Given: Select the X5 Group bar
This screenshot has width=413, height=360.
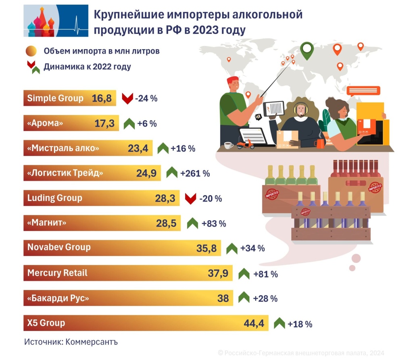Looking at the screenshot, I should coord(145,323).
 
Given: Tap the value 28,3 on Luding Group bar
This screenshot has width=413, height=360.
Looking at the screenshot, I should coord(165,198).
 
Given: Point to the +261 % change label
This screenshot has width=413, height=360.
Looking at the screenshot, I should coord(195,173).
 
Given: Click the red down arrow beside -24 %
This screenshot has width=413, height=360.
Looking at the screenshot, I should coord(127,98).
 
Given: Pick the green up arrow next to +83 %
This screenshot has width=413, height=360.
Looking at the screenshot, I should coord(192,223).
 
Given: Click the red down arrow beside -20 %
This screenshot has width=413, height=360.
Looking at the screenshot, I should coord(190,198).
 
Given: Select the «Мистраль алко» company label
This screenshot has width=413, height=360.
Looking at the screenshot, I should coord(63,148).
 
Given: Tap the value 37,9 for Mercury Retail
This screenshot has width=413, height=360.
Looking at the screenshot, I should coord(218,273).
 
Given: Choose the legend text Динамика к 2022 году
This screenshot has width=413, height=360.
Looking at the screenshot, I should coord(87,67).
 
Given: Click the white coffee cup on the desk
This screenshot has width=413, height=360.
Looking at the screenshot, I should coord(228,146).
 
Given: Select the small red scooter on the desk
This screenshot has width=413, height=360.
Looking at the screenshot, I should coord(245,144).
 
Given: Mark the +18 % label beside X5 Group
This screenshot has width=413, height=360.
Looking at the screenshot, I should coord(300,324).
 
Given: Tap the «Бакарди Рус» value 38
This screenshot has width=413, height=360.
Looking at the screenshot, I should coord(223,298).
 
